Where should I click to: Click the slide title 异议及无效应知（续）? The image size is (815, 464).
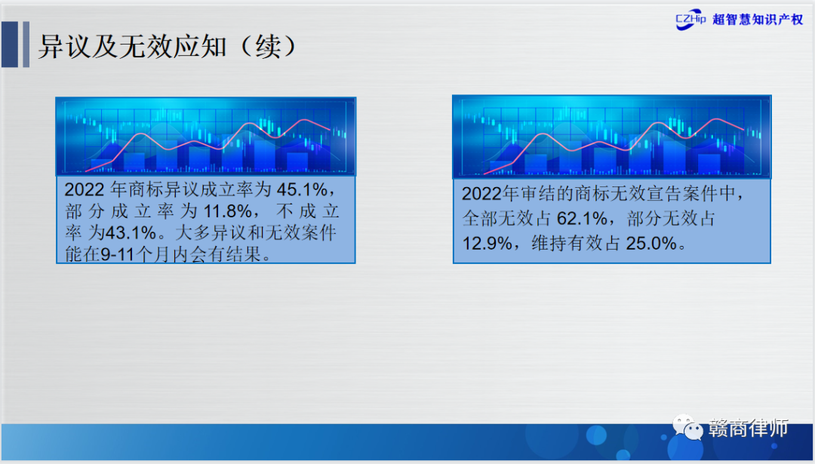(168, 47)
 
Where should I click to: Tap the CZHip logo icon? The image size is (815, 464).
(690, 20)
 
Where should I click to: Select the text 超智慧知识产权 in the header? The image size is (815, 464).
(758, 20)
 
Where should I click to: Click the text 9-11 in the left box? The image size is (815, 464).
(118, 254)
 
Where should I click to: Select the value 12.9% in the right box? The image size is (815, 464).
(487, 243)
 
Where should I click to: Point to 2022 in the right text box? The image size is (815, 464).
(482, 194)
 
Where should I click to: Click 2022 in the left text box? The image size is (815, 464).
(85, 189)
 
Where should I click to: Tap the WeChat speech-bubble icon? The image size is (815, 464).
(687, 427)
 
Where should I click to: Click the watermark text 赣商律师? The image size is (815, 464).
(748, 428)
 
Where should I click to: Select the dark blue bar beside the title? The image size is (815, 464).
(10, 45)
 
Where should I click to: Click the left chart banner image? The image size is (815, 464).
(206, 136)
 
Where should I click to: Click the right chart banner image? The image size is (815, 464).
(612, 137)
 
